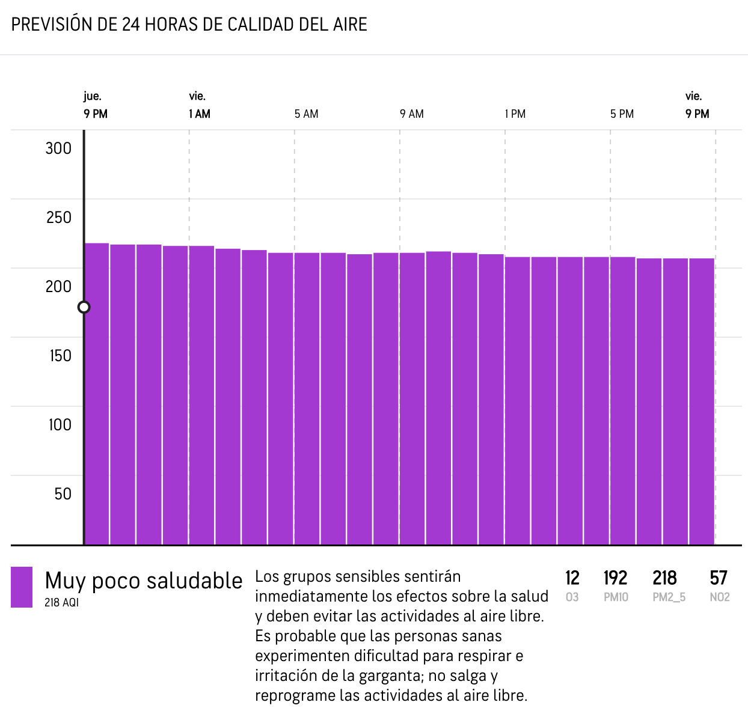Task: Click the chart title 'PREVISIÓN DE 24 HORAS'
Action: [189, 25]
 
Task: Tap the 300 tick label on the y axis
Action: [58, 148]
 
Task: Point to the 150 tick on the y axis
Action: [60, 356]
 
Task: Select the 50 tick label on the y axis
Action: [63, 494]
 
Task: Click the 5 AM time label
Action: [306, 114]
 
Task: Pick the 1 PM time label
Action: [515, 114]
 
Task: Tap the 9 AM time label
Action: [412, 114]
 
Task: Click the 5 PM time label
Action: [622, 114]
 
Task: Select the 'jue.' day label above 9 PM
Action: [92, 96]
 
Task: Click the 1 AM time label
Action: [200, 114]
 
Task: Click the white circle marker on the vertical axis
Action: [84, 307]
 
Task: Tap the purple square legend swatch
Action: [22, 587]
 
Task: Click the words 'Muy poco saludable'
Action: [144, 581]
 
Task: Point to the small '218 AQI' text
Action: [61, 602]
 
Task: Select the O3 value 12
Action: [572, 578]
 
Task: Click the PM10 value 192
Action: [616, 578]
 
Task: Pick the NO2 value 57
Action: [719, 578]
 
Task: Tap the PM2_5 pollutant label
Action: [669, 597]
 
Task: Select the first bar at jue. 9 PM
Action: [97, 394]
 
